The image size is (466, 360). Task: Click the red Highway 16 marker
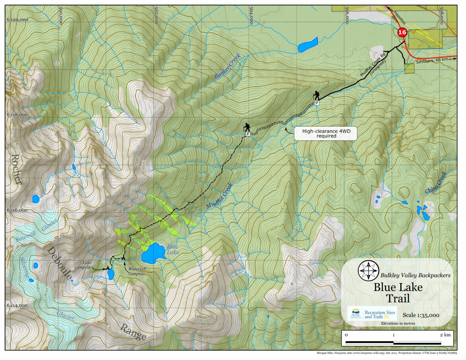tap(402, 33)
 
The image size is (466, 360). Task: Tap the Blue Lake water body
tap(153, 253)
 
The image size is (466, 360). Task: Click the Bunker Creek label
tap(227, 69)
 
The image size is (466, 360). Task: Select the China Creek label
tap(436, 183)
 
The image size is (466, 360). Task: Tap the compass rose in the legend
tap(368, 270)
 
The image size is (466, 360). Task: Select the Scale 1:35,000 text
tap(421, 315)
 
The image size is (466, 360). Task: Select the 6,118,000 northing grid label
tap(17, 115)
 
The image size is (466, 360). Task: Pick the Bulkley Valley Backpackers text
tap(415, 275)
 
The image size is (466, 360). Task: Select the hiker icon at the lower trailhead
tap(247, 127)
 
